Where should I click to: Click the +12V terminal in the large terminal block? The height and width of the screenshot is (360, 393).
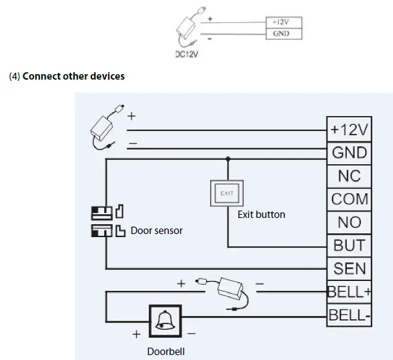click(x=349, y=129)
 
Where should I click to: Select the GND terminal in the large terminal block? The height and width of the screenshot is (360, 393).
click(x=349, y=153)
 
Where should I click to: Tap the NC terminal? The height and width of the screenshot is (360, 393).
click(x=349, y=176)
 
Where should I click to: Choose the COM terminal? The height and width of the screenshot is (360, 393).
click(x=349, y=199)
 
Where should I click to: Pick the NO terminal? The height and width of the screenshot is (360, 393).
click(x=349, y=222)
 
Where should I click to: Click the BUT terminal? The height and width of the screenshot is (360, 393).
click(x=349, y=245)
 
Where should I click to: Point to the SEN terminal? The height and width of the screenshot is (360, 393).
click(x=349, y=269)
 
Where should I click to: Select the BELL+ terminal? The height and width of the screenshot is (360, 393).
click(x=349, y=291)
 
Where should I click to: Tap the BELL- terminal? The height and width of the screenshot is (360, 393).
click(x=349, y=315)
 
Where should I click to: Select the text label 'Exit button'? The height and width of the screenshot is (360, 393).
click(x=261, y=215)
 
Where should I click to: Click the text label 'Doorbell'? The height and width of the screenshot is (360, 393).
click(x=165, y=351)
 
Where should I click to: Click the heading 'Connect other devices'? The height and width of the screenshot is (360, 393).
click(x=73, y=76)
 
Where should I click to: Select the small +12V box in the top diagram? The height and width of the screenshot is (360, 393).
click(x=281, y=20)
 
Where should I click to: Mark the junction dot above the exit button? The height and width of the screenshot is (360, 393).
click(x=228, y=158)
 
